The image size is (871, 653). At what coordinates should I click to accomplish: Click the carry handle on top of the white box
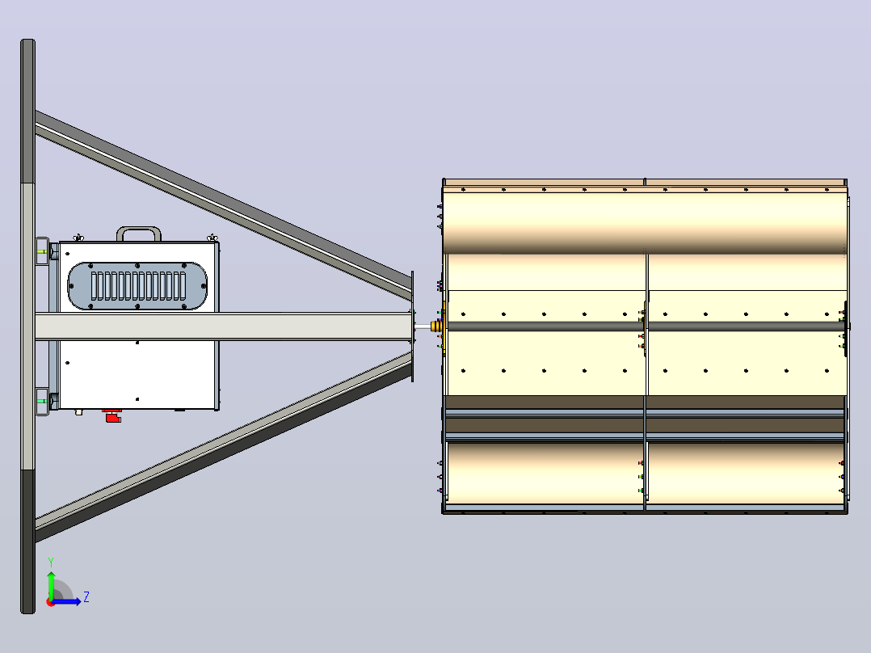[x=139, y=229]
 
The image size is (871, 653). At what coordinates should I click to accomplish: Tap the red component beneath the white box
[x=113, y=415]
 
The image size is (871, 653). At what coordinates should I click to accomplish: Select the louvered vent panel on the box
[x=137, y=285]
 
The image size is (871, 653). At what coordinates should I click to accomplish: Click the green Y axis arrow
[x=51, y=584]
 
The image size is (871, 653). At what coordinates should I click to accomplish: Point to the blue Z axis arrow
[x=66, y=601]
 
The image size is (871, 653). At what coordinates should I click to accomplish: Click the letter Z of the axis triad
[x=86, y=597]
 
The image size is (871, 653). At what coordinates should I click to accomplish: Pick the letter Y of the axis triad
[x=51, y=562]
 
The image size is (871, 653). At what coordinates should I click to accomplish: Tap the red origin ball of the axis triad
[x=50, y=602]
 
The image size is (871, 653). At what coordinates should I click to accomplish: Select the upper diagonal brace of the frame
[x=223, y=204]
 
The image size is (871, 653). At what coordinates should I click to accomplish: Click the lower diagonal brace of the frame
[x=223, y=448]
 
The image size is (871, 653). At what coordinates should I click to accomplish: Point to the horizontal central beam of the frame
[x=223, y=326]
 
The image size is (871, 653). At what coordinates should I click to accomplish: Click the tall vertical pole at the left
[x=27, y=326]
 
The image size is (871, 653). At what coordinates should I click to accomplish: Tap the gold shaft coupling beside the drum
[x=436, y=326]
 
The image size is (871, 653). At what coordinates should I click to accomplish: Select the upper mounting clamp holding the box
[x=43, y=252]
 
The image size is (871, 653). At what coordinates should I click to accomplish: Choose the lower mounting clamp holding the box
[x=43, y=401]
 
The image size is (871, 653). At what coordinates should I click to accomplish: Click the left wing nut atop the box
[x=79, y=238]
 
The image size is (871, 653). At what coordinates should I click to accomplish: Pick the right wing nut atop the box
[x=212, y=238]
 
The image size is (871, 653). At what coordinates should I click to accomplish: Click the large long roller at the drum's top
[x=645, y=221]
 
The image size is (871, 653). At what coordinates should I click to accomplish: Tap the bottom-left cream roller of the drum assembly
[x=545, y=474]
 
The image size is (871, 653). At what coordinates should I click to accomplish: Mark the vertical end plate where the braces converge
[x=412, y=326]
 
